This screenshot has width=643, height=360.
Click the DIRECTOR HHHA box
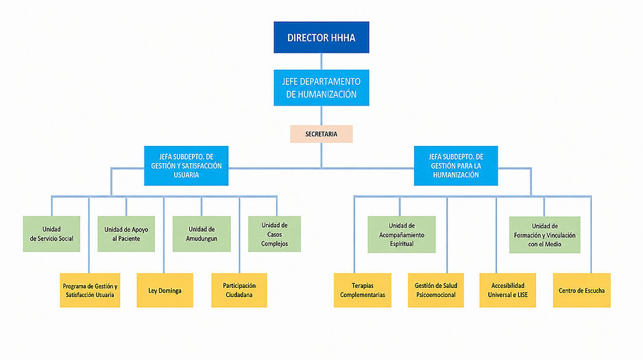[321, 37]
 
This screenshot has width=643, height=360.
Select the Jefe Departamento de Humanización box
[321, 88]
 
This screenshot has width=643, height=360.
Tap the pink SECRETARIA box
[321, 134]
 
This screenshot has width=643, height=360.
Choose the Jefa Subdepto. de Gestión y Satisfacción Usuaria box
[186, 166]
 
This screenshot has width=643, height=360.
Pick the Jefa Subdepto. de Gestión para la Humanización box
[456, 166]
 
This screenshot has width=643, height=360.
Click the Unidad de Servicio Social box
[51, 234]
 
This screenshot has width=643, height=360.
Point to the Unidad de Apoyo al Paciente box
[126, 234]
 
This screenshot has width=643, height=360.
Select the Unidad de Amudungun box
[202, 234]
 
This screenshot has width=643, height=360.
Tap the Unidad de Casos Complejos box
[274, 234]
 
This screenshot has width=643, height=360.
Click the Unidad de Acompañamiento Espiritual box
[402, 235]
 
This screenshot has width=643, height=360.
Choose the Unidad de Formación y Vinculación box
[544, 235]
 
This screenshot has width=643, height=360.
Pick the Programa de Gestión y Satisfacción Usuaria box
[90, 290]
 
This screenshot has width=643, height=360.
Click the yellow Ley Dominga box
[165, 290]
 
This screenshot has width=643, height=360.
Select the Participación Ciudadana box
[239, 290]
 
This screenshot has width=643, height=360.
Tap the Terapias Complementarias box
[363, 290]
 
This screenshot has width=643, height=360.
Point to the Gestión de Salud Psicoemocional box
[436, 290]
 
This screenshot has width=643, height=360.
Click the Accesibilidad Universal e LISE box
[508, 290]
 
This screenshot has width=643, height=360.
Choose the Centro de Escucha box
[581, 290]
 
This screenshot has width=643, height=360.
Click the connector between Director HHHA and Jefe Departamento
[321, 62]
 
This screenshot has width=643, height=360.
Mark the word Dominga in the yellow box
[170, 291]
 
